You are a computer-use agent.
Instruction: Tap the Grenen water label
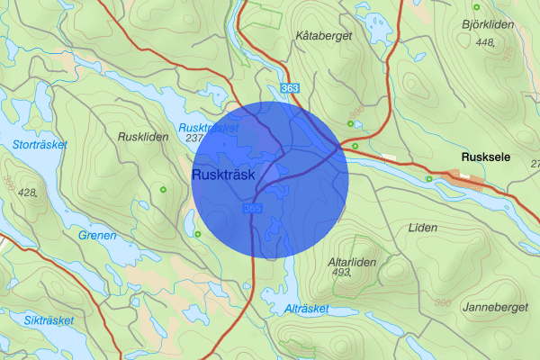coord(96,236)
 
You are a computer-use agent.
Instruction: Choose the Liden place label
coord(422,228)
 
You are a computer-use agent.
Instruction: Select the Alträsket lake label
coord(306,309)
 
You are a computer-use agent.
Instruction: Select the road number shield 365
coord(252,209)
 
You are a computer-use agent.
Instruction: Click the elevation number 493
coord(341,272)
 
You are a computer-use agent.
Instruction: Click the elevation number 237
coord(193,139)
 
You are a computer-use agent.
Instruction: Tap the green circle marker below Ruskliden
coord(163,189)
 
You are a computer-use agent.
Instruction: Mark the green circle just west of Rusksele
coord(429,178)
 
